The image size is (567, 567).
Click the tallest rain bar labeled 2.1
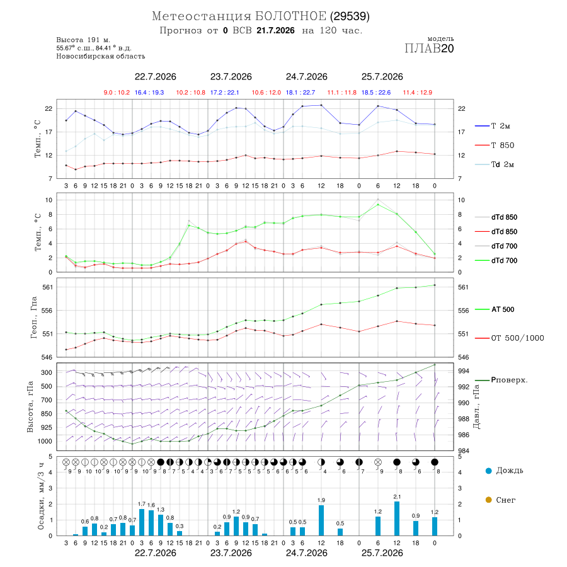[397, 518]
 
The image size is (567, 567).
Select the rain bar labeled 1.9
[321, 520]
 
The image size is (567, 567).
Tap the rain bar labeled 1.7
[142, 522]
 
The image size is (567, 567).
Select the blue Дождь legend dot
[488, 471]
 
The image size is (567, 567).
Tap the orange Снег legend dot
[488, 500]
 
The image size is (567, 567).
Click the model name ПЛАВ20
[429, 49]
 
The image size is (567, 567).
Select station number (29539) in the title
[350, 16]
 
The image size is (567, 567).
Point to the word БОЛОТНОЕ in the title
[290, 16]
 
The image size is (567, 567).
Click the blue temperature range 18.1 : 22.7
[301, 93]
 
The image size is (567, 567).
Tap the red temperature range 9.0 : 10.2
[117, 93]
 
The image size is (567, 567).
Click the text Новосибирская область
[101, 56]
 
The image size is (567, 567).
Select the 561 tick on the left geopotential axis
[48, 287]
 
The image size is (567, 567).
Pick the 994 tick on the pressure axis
[464, 371]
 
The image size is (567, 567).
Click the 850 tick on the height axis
[46, 414]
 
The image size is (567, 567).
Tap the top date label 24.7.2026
[307, 77]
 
